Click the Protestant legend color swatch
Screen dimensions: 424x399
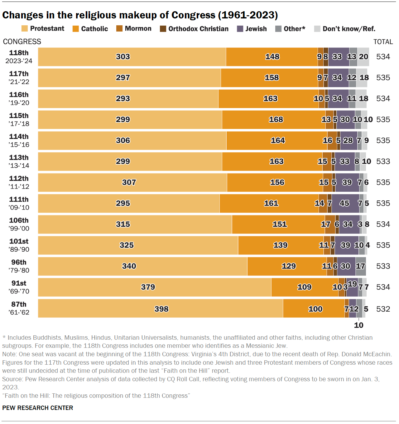pyautogui.click(x=25, y=29)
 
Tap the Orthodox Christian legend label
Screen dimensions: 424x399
pyautogui.click(x=198, y=29)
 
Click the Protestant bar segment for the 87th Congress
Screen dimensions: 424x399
pyautogui.click(x=161, y=308)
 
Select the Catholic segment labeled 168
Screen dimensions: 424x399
pyautogui.click(x=274, y=120)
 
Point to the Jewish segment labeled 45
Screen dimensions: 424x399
pyautogui.click(x=345, y=203)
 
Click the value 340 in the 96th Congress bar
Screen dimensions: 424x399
pyautogui.click(x=129, y=266)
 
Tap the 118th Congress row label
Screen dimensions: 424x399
pyautogui.click(x=19, y=57)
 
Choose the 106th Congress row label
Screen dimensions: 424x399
pyautogui.click(x=19, y=224)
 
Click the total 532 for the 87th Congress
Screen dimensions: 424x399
pyautogui.click(x=383, y=309)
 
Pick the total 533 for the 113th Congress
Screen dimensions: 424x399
pyautogui.click(x=383, y=161)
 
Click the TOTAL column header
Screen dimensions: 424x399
pyautogui.click(x=383, y=42)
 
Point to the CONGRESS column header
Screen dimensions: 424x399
pyautogui.click(x=22, y=42)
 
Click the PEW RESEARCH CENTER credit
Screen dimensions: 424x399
pyautogui.click(x=38, y=408)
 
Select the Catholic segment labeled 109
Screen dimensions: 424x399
pyautogui.click(x=305, y=287)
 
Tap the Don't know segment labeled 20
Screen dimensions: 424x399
pyautogui.click(x=363, y=57)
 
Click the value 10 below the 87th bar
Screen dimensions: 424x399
pyautogui.click(x=358, y=325)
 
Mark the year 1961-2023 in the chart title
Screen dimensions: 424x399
pyautogui.click(x=248, y=15)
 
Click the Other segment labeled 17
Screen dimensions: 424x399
pyautogui.click(x=361, y=266)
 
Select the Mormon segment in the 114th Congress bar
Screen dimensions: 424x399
pyautogui.click(x=332, y=141)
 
